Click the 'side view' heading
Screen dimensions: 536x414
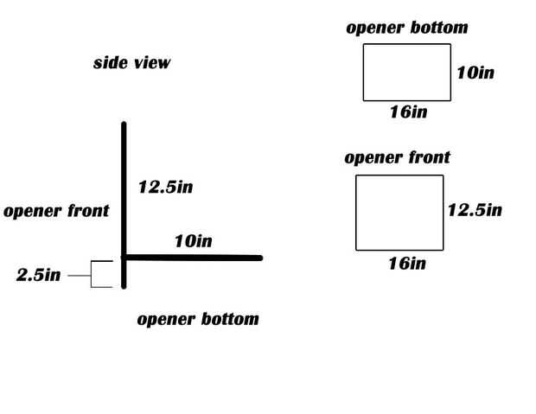[131, 62]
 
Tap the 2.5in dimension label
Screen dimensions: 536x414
[39, 276]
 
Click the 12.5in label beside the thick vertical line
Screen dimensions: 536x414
[165, 187]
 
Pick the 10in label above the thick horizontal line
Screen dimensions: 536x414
[193, 240]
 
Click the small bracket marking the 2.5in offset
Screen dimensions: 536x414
[102, 273]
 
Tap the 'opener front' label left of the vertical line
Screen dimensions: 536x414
[56, 211]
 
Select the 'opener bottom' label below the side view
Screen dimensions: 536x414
[198, 319]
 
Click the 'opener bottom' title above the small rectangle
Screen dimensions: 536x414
[406, 28]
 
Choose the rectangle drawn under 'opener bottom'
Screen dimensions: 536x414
[406, 72]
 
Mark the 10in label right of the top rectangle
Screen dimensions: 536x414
[475, 73]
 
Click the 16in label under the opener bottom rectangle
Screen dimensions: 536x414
[407, 111]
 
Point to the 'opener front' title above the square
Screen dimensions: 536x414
[397, 157]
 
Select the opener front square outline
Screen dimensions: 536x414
[399, 212]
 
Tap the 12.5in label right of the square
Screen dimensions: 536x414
[475, 210]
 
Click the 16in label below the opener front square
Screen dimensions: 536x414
[406, 263]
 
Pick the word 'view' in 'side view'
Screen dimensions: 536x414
[151, 62]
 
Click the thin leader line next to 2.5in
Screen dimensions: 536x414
[78, 276]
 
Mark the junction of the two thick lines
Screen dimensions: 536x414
[124, 257]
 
